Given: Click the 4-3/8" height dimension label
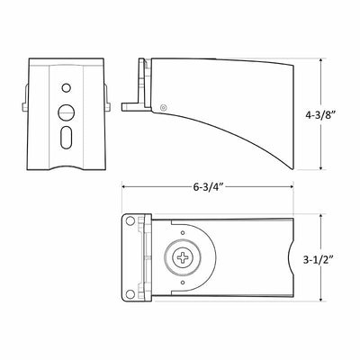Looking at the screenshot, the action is point(320,115).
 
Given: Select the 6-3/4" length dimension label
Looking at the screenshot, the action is point(207,187).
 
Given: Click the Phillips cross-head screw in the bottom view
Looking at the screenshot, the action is point(183,257).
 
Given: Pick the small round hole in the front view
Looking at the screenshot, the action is point(67,88).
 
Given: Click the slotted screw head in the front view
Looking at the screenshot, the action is point(67,112).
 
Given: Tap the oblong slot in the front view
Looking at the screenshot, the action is point(67,138).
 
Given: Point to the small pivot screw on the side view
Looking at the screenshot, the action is point(163,107).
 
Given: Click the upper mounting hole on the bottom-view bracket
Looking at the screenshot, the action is point(130,221).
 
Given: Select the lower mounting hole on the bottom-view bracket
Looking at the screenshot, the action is point(130,294).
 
